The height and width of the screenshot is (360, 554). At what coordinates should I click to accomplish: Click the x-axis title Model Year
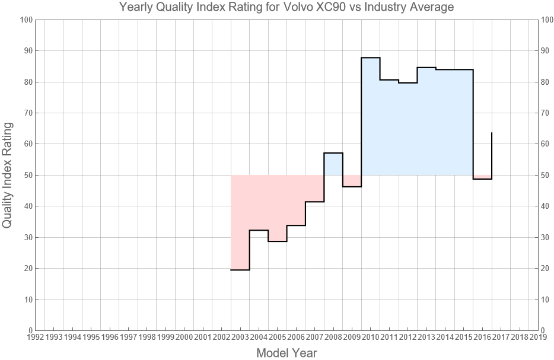(x=286, y=353)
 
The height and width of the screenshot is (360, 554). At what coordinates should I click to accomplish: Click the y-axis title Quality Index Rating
(x=8, y=175)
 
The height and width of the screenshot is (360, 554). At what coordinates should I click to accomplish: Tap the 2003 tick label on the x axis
(x=240, y=337)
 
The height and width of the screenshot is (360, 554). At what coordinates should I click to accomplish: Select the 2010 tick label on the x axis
(x=371, y=337)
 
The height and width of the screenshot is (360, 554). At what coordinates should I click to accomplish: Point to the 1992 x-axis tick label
(x=35, y=337)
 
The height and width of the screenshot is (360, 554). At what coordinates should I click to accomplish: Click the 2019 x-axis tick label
(x=538, y=337)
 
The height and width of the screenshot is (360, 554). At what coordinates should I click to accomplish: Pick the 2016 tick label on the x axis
(x=482, y=337)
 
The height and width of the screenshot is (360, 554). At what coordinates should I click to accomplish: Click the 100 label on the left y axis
(x=26, y=20)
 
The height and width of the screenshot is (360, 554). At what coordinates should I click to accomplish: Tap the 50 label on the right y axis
(x=547, y=175)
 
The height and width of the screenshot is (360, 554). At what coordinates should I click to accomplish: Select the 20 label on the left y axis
(x=27, y=268)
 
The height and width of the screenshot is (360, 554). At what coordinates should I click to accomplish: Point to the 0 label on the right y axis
(x=545, y=330)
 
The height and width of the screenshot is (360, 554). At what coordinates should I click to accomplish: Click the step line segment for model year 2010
(x=371, y=58)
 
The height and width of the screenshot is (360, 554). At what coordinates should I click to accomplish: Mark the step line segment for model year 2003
(x=240, y=270)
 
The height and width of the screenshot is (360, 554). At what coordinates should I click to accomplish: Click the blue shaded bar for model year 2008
(x=333, y=164)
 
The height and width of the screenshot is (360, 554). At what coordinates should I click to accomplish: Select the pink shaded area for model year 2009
(x=352, y=181)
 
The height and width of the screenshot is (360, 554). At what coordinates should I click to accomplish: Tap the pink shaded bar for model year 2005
(x=278, y=208)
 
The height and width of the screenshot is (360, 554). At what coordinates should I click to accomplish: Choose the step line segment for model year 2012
(x=408, y=82)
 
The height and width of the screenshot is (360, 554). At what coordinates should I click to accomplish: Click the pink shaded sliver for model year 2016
(x=482, y=177)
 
